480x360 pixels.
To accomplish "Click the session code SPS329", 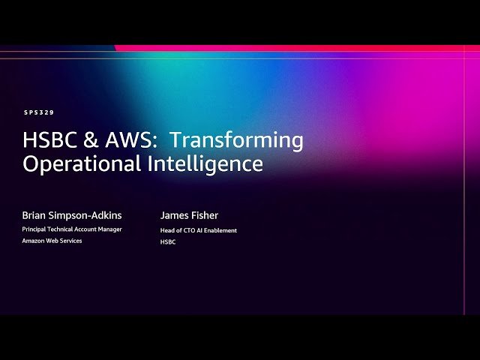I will point(38,112).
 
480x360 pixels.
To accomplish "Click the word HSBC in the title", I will point(48,140).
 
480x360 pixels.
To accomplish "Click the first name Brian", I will point(35,216).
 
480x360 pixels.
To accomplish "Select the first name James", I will point(175,216).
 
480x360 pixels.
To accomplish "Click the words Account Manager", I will point(100,229).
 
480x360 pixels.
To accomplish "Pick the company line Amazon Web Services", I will point(52,241).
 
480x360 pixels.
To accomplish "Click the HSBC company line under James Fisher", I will point(167,241).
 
